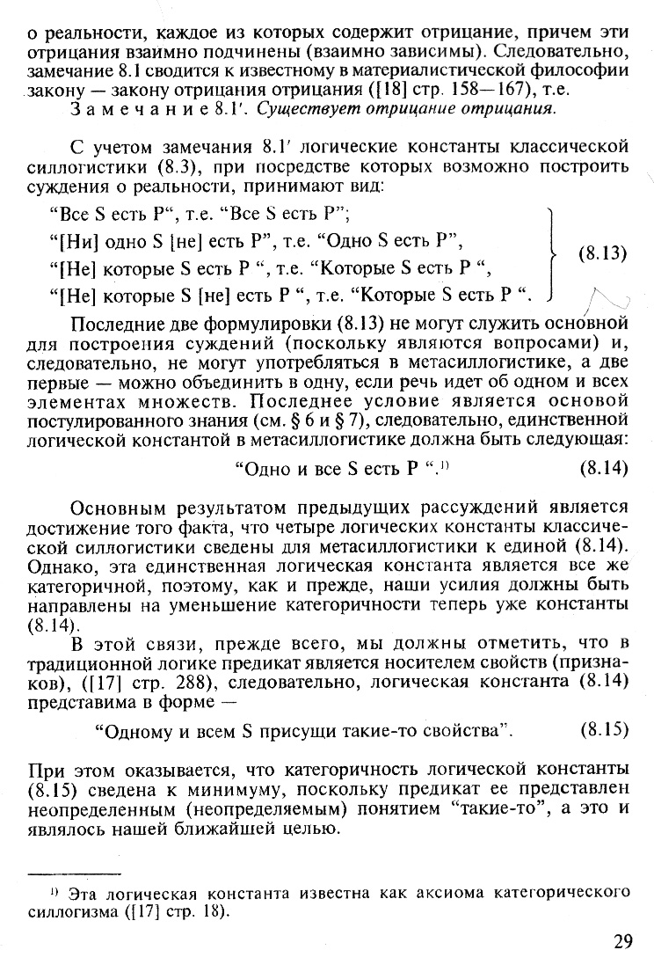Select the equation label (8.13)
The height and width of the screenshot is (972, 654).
(x=602, y=254)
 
